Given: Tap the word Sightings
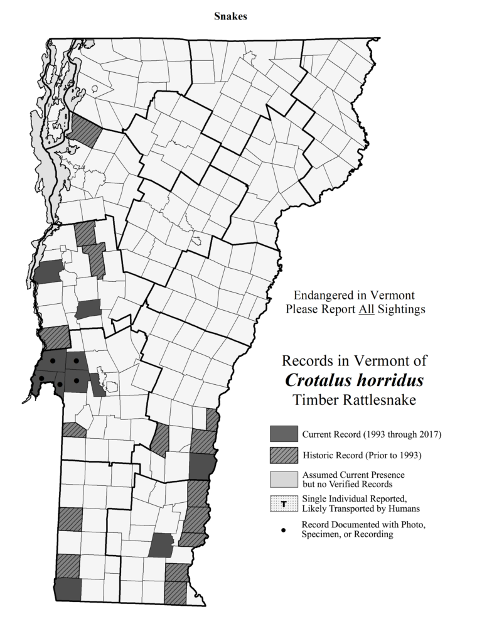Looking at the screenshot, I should click(x=401, y=309).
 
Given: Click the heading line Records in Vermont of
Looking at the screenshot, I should click(x=355, y=361).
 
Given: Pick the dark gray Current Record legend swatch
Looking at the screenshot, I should click(x=283, y=434).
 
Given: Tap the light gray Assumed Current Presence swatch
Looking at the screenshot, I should click(x=283, y=479).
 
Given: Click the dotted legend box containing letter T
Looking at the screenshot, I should click(x=283, y=503).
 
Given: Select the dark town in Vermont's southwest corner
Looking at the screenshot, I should click(x=68, y=589).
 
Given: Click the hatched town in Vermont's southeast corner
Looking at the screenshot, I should click(x=176, y=591).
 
